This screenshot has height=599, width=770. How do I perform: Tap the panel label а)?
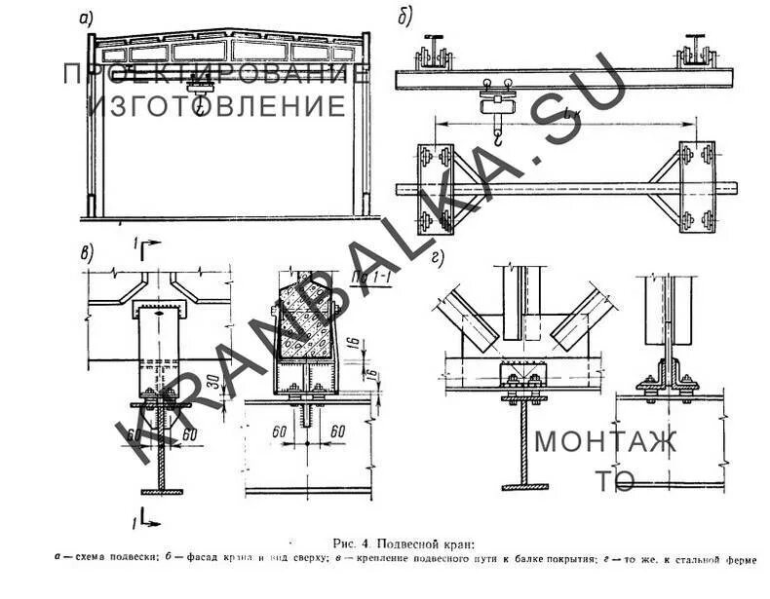(x=85, y=17)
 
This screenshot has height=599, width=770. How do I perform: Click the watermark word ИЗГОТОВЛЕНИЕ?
(x=217, y=105)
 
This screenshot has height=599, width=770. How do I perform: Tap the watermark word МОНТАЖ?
(x=604, y=441)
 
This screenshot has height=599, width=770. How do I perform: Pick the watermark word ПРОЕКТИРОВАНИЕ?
(x=216, y=73)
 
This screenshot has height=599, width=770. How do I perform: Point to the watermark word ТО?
(x=614, y=481)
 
